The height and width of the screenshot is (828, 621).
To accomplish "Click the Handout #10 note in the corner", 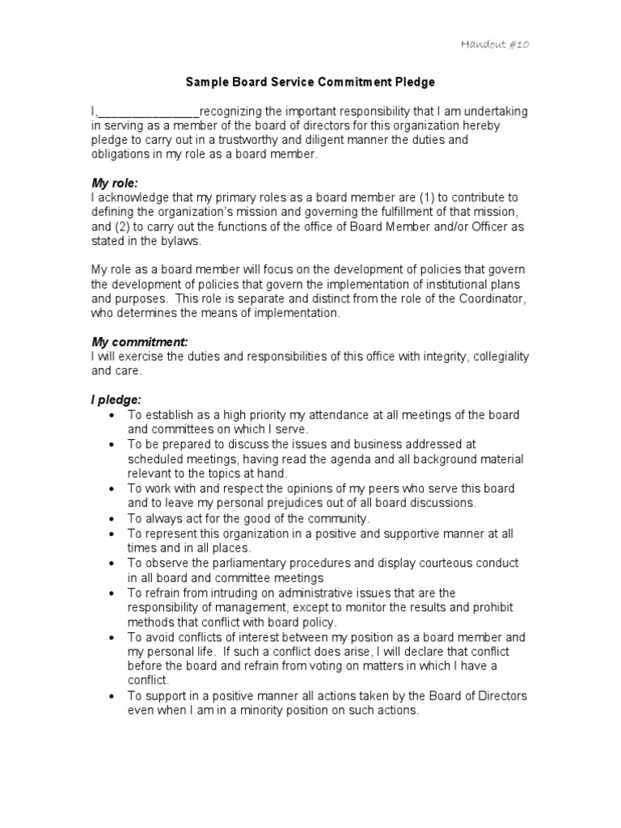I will [495, 44].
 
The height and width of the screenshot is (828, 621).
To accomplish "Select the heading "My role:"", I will [115, 184].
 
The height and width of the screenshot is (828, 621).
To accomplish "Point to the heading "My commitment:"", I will [139, 342].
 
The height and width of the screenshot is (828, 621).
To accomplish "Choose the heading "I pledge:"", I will [116, 400].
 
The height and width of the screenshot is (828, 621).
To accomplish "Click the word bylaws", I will [180, 242].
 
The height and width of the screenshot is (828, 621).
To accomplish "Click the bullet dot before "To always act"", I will [112, 519].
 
